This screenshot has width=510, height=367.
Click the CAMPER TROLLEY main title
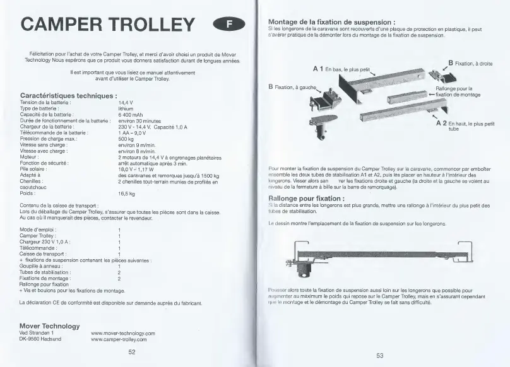(108, 24)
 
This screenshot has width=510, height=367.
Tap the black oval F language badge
(229, 25)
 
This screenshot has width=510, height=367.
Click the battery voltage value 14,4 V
(126, 102)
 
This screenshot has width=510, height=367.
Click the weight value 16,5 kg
(127, 194)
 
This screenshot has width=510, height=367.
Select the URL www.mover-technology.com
(123, 333)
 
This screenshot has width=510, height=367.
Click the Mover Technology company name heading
(50, 326)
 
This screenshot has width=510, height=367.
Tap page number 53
(380, 356)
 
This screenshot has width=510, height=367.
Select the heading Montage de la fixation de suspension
(332, 22)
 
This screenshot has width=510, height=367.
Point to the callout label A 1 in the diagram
(318, 68)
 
